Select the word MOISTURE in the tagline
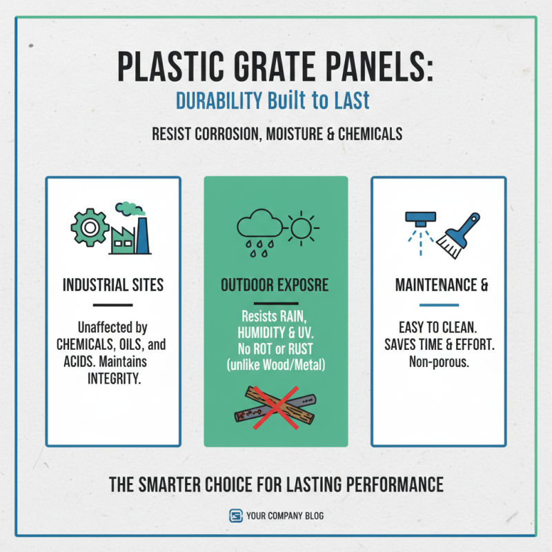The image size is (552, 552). (x=287, y=134)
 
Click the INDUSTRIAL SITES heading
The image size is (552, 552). (x=113, y=285)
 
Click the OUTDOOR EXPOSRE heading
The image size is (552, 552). (x=275, y=285)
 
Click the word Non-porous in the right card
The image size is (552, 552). (x=439, y=362)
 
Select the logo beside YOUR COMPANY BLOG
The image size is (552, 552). (x=235, y=515)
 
